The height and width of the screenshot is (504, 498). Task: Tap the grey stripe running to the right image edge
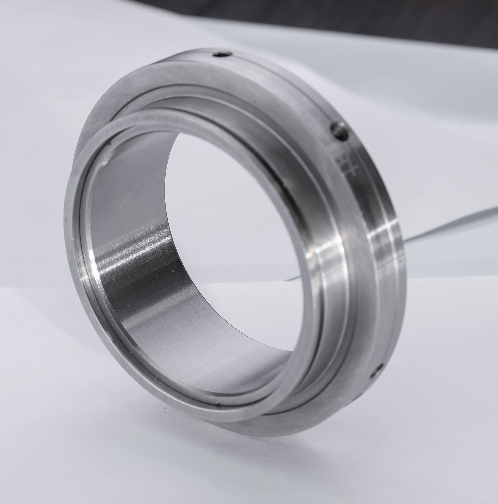point(456,224)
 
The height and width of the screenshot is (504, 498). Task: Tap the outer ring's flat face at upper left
point(109,104)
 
